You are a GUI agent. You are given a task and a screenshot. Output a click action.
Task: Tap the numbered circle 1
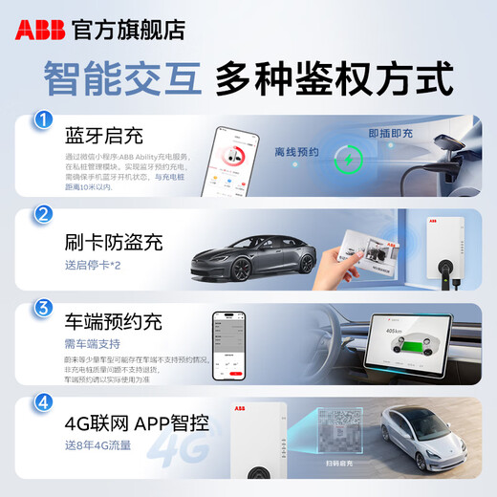pos(42,121)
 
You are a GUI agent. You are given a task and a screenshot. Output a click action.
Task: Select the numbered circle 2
pos(42,215)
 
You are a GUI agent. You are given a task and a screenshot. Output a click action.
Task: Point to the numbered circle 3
pos(42,309)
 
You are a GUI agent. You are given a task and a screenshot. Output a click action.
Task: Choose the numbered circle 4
pos(42,402)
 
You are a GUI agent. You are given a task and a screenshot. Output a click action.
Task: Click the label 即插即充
pos(390,135)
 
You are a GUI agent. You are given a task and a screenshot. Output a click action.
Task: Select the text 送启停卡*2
pos(94,264)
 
